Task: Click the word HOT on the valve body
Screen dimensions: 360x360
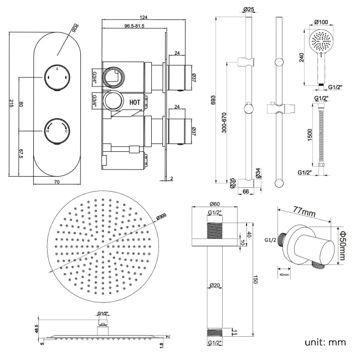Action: [135, 102]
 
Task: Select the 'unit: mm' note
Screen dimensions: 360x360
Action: [325, 342]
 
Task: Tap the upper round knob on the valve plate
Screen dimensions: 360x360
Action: [57, 78]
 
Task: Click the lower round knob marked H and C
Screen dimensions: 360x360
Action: [57, 131]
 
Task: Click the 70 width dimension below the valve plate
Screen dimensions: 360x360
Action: [57, 181]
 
